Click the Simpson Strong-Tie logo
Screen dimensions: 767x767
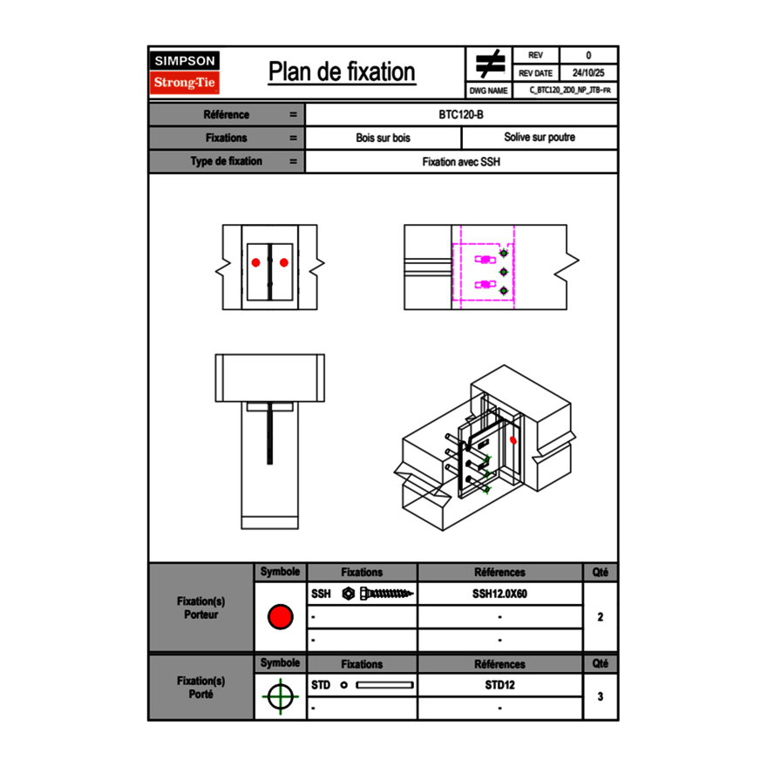click(186, 72)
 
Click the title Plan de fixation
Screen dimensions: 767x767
click(342, 72)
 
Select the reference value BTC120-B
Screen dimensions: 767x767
click(462, 115)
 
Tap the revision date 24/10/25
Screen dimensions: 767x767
click(588, 73)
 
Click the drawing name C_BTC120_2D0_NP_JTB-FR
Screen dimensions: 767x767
click(569, 91)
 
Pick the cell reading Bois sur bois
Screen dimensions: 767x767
click(383, 138)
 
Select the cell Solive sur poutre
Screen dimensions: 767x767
click(540, 138)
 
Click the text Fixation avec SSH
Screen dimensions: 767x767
click(462, 161)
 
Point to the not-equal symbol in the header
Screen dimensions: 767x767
click(491, 64)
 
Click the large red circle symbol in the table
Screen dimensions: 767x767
click(280, 617)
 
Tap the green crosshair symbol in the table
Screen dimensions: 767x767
click(280, 696)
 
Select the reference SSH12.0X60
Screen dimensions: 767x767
click(499, 594)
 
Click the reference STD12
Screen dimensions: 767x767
click(499, 685)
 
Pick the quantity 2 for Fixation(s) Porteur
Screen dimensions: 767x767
click(601, 617)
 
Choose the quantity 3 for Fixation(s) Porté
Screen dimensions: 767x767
click(601, 696)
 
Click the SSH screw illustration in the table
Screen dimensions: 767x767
click(379, 594)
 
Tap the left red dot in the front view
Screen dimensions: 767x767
click(256, 262)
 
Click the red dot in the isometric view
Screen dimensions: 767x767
click(512, 440)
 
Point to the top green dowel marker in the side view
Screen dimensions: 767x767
click(503, 255)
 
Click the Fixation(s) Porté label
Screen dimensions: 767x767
click(201, 687)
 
